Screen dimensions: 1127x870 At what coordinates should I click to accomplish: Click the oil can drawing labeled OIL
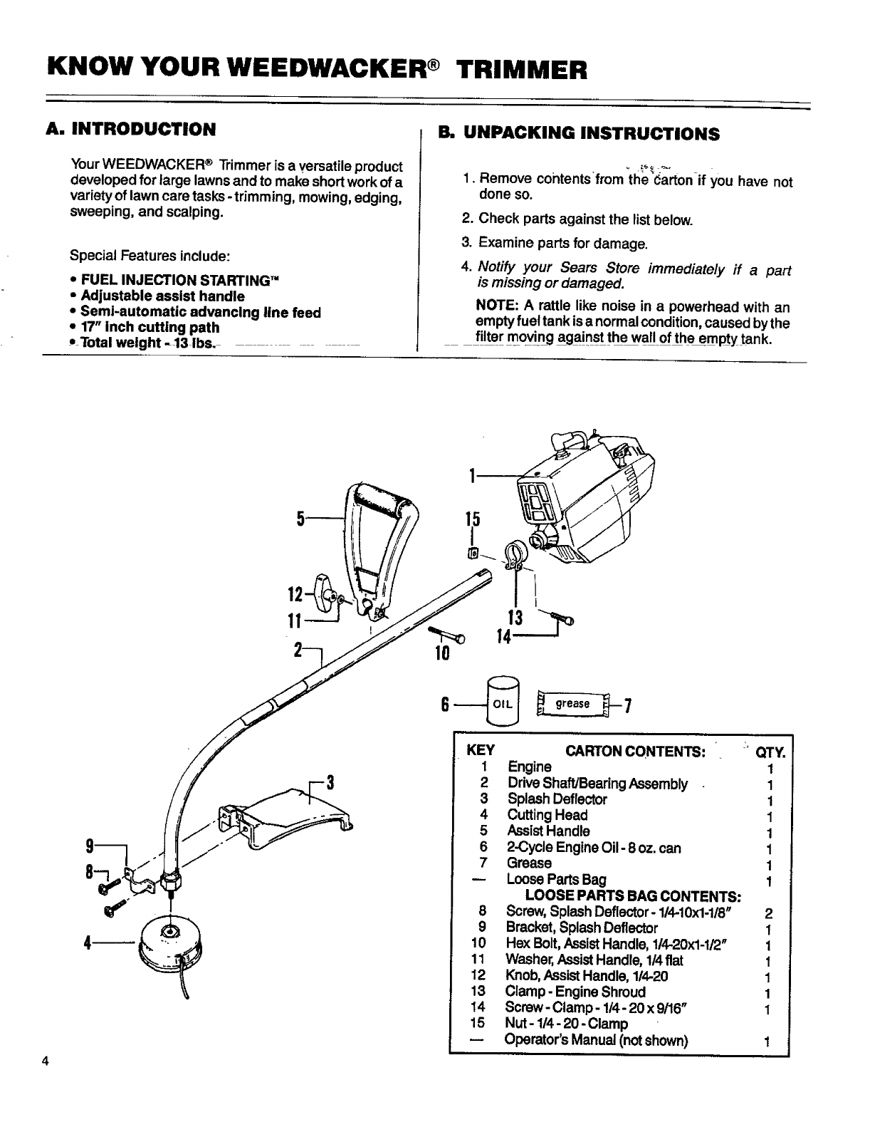pyautogui.click(x=505, y=700)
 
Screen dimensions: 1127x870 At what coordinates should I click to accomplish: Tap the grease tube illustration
pyautogui.click(x=573, y=704)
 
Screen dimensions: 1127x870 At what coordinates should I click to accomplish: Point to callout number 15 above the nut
pyautogui.click(x=471, y=521)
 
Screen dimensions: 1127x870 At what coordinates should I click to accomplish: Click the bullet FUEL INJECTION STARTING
pyautogui.click(x=179, y=279)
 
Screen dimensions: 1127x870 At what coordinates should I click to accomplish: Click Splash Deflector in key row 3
pyautogui.click(x=557, y=799)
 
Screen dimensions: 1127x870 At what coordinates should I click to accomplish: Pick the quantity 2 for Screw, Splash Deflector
pyautogui.click(x=768, y=913)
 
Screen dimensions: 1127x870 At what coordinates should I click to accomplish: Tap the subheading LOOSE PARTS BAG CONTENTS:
pyautogui.click(x=633, y=895)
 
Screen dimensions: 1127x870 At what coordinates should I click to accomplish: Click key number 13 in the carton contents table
pyautogui.click(x=478, y=992)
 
